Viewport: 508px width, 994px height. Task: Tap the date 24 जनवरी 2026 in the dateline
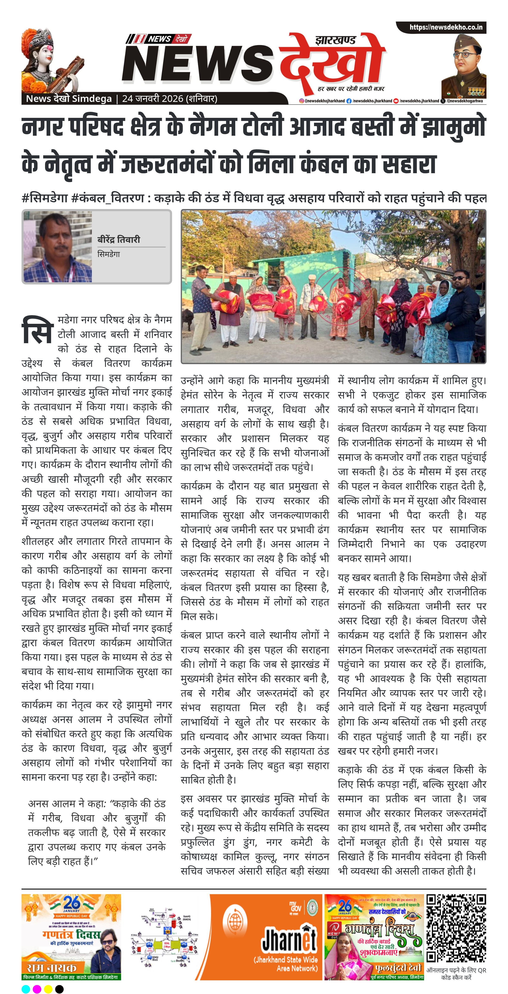[x=152, y=99]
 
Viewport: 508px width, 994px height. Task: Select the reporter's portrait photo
[x=58, y=247]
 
